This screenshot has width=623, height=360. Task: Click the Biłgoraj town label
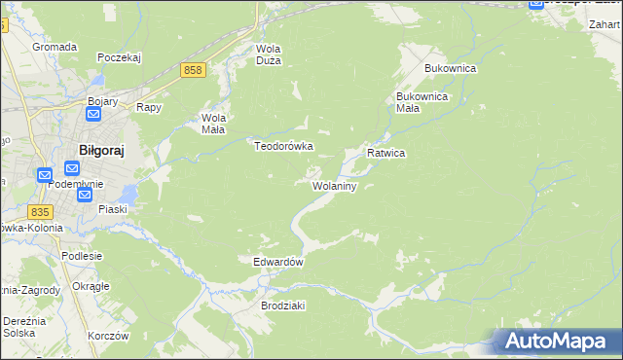coord(102,150)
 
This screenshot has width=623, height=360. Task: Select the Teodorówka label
coord(283,146)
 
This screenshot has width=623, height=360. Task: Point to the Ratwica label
coord(385,154)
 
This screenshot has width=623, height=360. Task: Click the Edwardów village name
coord(279,263)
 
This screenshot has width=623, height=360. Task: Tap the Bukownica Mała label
coord(421,102)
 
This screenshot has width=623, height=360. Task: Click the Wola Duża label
coord(268,54)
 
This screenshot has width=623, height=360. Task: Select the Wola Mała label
coord(213,124)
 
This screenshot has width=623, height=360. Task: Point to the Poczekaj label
coord(120,57)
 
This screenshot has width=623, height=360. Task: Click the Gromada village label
coord(55,46)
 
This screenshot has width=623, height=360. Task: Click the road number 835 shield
coord(40,212)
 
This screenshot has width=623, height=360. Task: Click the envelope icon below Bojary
coord(93,115)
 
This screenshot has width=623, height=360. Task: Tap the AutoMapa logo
coord(555,342)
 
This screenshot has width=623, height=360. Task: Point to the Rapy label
coord(148,108)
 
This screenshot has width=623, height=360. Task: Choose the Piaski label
coord(114,209)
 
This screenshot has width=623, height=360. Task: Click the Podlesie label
coord(82,256)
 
